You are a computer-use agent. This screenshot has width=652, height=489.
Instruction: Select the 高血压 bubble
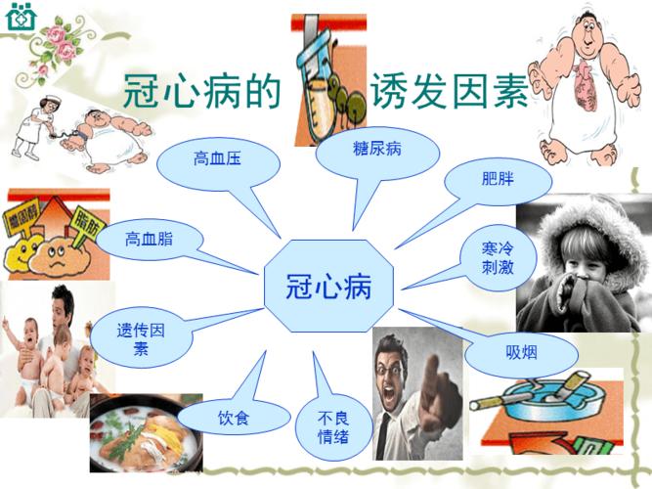[217, 159]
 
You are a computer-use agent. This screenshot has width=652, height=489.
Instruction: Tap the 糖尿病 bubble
[377, 149]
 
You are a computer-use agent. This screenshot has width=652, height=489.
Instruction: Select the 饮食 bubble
[234, 419]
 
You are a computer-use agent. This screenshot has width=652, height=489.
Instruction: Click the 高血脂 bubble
[149, 238]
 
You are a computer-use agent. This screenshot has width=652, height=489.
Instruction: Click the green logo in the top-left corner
[20, 17]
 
